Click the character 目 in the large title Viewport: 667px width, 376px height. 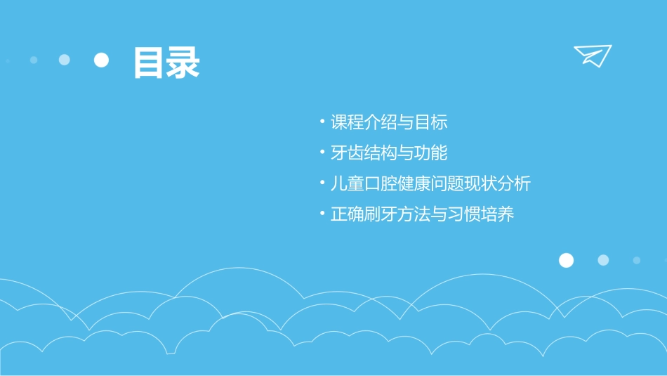tap(150, 63)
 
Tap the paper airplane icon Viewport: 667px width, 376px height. tap(592, 56)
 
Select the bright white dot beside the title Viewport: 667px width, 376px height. tap(102, 60)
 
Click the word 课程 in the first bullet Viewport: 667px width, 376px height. tap(348, 122)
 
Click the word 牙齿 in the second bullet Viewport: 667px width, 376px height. tap(348, 153)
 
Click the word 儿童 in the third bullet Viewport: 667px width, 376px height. tap(348, 183)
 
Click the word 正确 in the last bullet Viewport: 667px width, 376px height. tap(348, 214)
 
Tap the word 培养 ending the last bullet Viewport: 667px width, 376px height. tap(498, 214)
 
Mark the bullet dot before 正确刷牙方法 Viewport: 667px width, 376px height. tap(322, 212)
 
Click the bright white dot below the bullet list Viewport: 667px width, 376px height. tap(566, 260)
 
